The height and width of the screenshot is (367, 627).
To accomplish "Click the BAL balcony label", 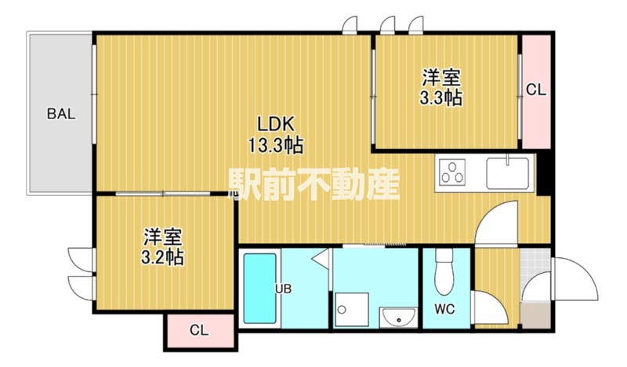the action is coord(61,114).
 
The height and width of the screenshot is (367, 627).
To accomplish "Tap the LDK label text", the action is coord(275,125).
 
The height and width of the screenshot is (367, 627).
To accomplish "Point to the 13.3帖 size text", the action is coord(276,145).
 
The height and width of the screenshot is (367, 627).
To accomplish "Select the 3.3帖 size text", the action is coord(440,98).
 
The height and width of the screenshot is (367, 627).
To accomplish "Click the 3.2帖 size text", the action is coord(162,257).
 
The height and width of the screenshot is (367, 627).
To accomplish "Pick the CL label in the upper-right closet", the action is coord(535,90).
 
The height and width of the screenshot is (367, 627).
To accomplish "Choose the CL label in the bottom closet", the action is coord(199,330).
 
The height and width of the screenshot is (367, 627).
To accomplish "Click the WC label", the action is coord(444,309).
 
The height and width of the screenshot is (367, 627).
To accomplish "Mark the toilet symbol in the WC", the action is coord(444,272).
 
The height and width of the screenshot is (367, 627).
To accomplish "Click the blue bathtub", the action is coord(260,289).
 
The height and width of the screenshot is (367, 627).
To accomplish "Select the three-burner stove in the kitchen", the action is coord(452,173).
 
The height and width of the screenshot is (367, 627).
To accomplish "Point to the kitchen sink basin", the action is coord(507,173).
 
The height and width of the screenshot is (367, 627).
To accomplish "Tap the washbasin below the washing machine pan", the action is coord(398,318).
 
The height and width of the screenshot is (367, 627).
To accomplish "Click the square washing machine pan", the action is coord(352,310).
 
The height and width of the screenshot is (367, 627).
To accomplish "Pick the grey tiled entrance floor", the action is coord(535,275).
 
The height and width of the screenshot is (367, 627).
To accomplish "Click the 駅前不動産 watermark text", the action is coord(314,183).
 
